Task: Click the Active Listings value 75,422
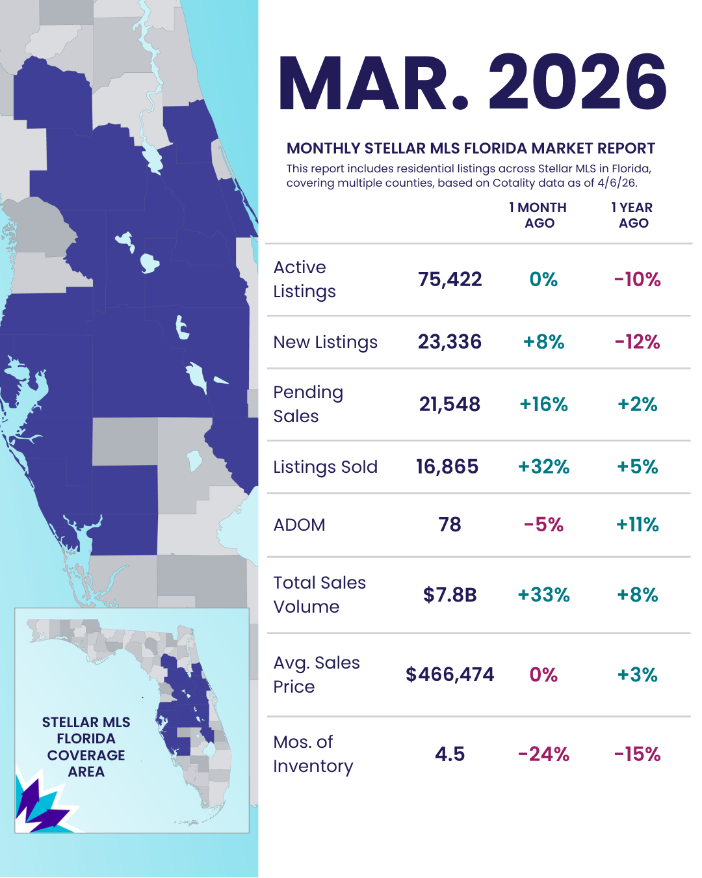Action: tap(450, 280)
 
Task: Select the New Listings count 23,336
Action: tap(450, 342)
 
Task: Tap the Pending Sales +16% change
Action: tap(543, 405)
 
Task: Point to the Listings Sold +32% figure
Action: tap(543, 467)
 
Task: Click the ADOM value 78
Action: tap(450, 525)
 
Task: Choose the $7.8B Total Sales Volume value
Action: tap(450, 595)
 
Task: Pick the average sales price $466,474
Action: tap(450, 674)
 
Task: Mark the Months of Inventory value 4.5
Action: tap(450, 754)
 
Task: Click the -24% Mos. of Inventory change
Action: tap(543, 754)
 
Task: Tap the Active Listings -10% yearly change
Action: tap(637, 280)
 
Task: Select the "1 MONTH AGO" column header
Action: tap(538, 215)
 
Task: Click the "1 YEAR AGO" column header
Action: tap(632, 215)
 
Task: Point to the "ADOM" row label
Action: tap(299, 525)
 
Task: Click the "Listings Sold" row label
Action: tap(325, 467)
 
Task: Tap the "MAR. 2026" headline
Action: tap(473, 83)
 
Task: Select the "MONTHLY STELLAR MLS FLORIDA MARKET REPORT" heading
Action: tap(471, 148)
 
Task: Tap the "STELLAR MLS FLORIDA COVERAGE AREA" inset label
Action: tap(86, 747)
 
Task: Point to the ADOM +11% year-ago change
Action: tap(637, 525)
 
